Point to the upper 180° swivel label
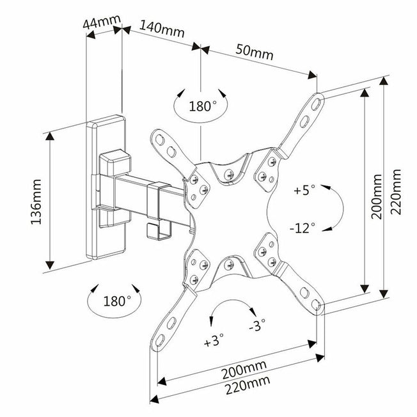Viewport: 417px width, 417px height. tap(203, 105)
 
